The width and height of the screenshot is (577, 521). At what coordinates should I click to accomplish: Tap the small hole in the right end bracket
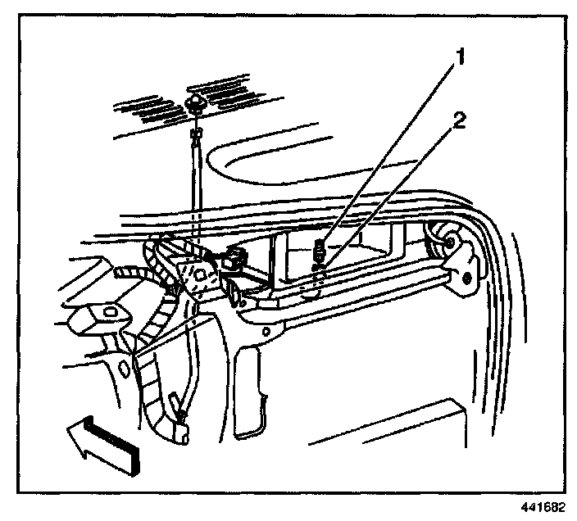[466, 277]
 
